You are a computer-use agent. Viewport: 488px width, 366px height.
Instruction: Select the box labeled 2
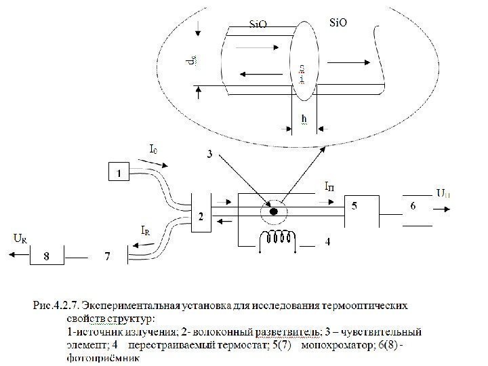[201, 216]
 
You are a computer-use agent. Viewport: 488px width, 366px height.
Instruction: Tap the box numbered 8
[47, 256]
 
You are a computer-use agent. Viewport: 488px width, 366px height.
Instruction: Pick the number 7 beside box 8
[106, 256]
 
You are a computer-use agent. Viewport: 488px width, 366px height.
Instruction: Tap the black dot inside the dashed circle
[273, 211]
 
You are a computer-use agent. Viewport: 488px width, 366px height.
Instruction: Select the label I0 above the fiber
[155, 146]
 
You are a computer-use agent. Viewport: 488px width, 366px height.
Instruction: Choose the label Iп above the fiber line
[329, 184]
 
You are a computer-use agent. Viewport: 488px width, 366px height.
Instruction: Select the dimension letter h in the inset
[304, 119]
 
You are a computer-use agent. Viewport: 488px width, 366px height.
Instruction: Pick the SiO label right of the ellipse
[338, 23]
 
